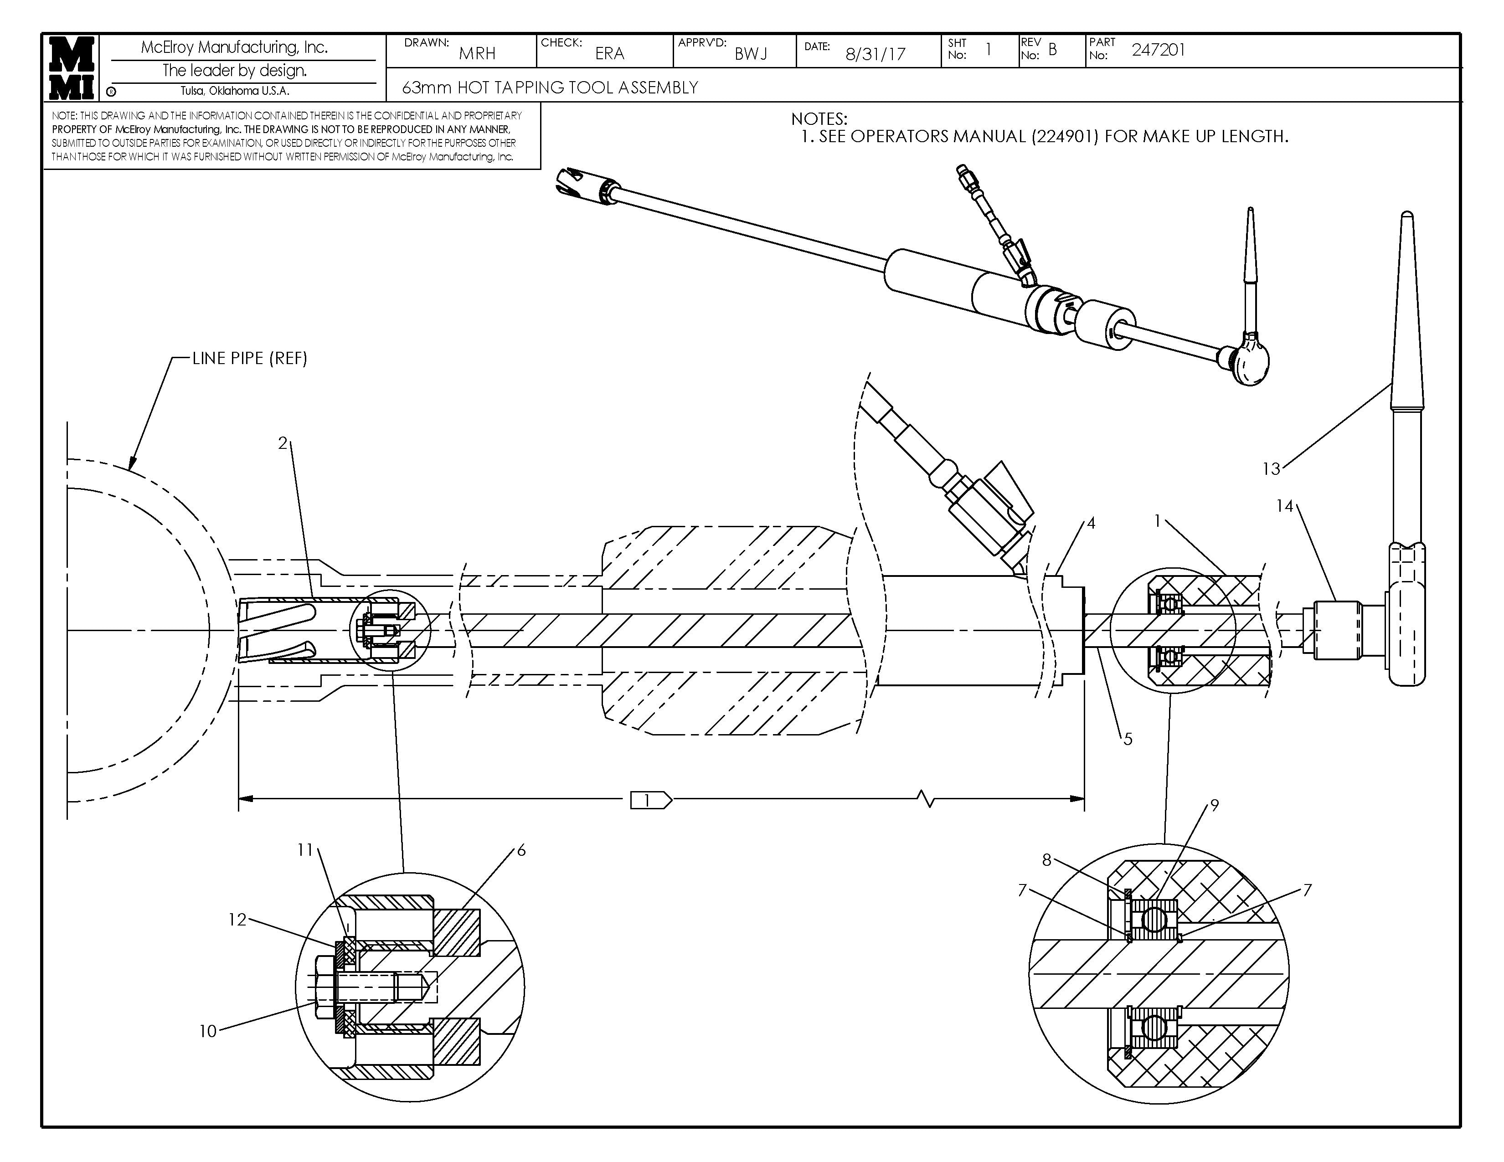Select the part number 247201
pyautogui.click(x=1158, y=50)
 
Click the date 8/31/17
pyautogui.click(x=875, y=54)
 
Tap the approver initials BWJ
pyautogui.click(x=751, y=54)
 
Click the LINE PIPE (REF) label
pyautogui.click(x=249, y=358)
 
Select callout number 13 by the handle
pyautogui.click(x=1271, y=469)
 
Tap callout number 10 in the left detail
pyautogui.click(x=208, y=1030)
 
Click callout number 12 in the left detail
pyautogui.click(x=237, y=920)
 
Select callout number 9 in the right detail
pyautogui.click(x=1214, y=805)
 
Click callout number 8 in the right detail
pyautogui.click(x=1046, y=860)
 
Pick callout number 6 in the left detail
pyautogui.click(x=521, y=850)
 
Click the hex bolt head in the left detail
pyautogui.click(x=322, y=987)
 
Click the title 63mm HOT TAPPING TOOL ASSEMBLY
pyautogui.click(x=550, y=87)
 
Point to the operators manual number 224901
pyautogui.click(x=1064, y=136)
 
